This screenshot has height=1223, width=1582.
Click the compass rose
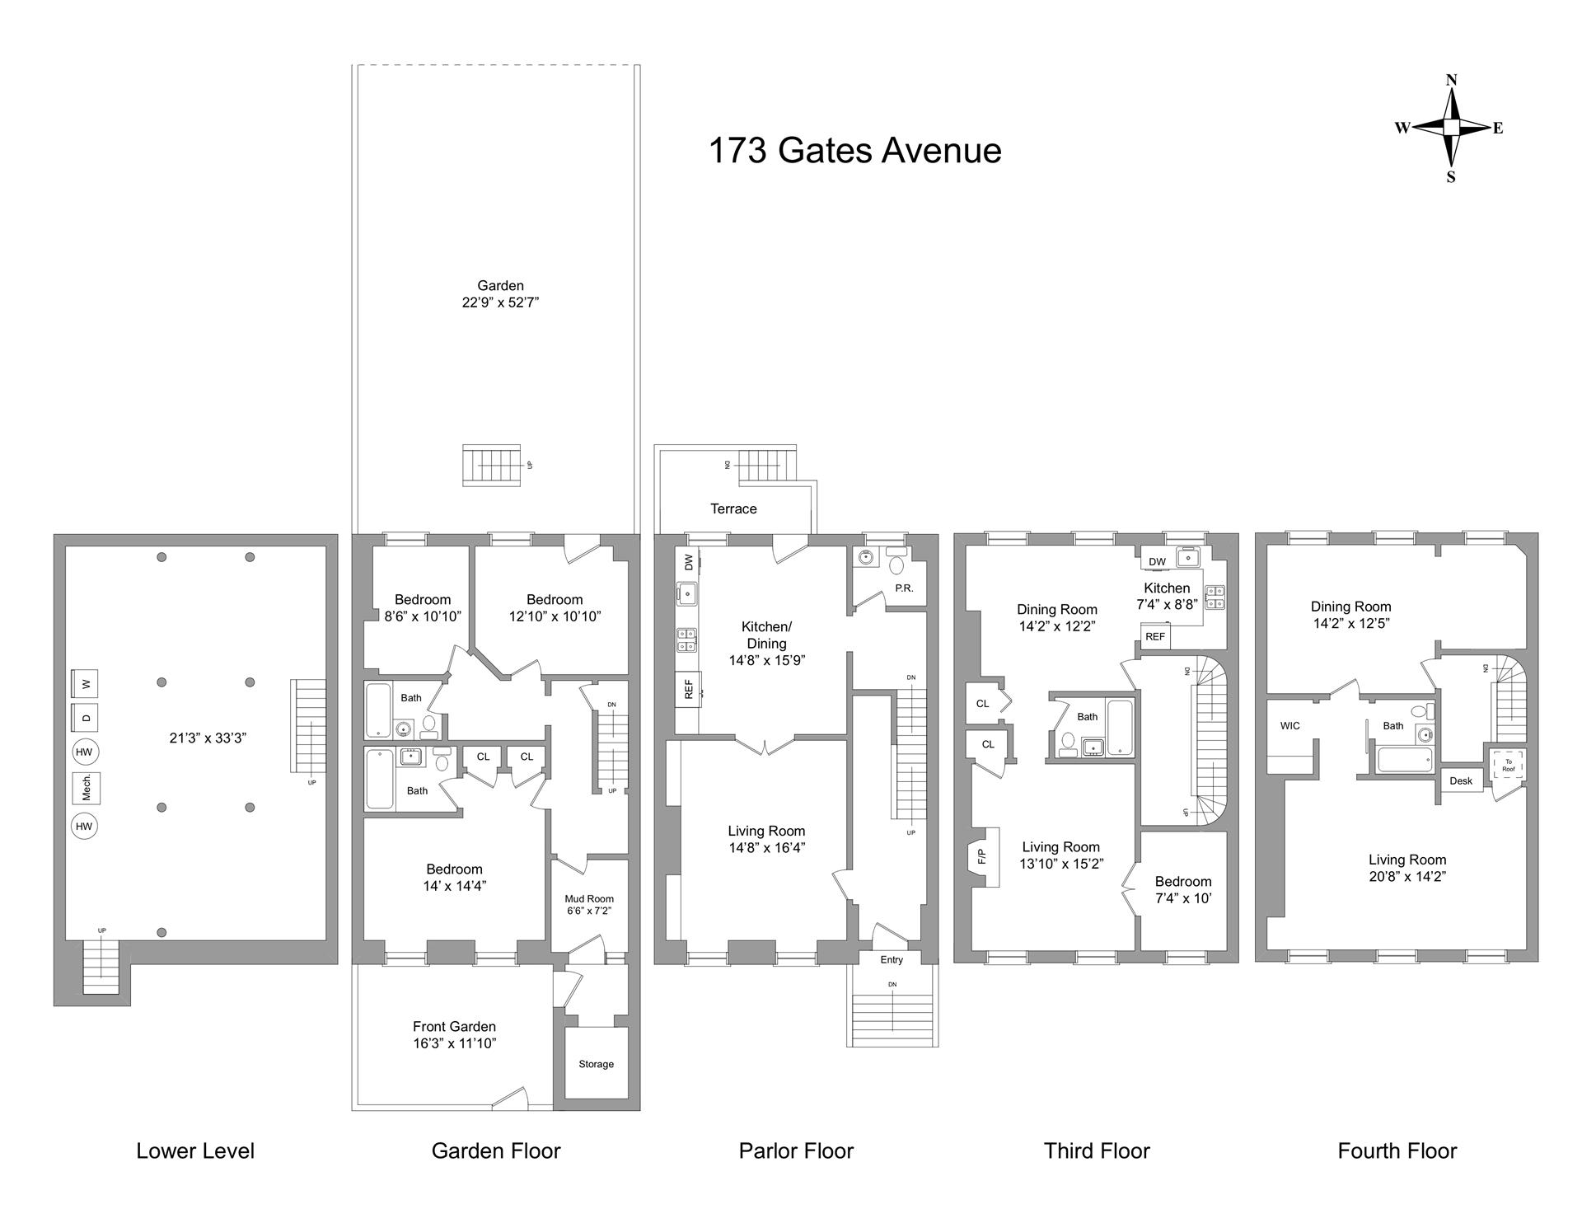coord(1451,128)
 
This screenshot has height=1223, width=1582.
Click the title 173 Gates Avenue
coord(854,151)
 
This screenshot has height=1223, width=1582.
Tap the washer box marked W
coord(86,683)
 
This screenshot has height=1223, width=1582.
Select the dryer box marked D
coord(86,718)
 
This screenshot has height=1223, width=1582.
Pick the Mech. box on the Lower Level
coord(86,788)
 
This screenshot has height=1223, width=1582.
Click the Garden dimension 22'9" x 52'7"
coord(500,302)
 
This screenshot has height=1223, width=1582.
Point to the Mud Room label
coord(589,899)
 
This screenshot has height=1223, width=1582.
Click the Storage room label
coord(596,1064)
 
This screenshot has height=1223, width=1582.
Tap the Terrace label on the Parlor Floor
coord(733,509)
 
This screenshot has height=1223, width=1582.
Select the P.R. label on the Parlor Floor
coord(904,588)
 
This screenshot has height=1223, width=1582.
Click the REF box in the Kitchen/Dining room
coord(689,688)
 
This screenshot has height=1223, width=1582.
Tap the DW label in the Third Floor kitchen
coord(1157,562)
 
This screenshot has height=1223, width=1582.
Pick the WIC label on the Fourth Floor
coord(1290,726)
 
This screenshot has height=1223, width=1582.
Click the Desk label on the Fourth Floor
coord(1461,781)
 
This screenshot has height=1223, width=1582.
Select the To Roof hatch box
coord(1509,766)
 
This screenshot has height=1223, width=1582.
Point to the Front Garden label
coord(454,1027)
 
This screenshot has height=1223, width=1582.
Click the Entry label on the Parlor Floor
coord(892,959)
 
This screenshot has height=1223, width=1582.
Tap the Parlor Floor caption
coord(796,1151)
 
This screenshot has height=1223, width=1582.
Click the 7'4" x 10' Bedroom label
coord(1183,890)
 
